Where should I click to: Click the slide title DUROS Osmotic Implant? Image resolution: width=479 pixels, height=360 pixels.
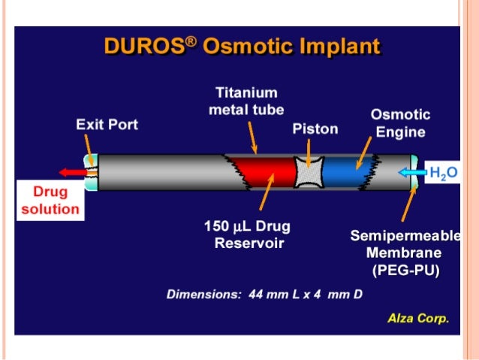tap(242, 47)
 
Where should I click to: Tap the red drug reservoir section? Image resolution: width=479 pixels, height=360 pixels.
tap(264, 172)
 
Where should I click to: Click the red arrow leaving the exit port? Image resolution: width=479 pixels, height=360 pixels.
tap(74, 172)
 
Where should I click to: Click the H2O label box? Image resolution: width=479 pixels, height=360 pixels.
tap(442, 174)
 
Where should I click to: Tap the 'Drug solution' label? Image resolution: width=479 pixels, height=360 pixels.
tap(50, 201)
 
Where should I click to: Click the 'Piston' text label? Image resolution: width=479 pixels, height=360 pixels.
tap(315, 129)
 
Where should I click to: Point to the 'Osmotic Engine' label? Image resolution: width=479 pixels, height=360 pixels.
tap(400, 123)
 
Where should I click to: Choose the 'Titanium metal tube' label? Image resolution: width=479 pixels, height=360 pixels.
tap(247, 101)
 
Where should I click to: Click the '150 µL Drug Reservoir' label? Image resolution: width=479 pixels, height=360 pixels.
tap(247, 234)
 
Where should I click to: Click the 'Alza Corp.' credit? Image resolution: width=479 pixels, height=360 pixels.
tap(417, 318)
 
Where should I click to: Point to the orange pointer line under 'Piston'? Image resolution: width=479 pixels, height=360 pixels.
tap(311, 149)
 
